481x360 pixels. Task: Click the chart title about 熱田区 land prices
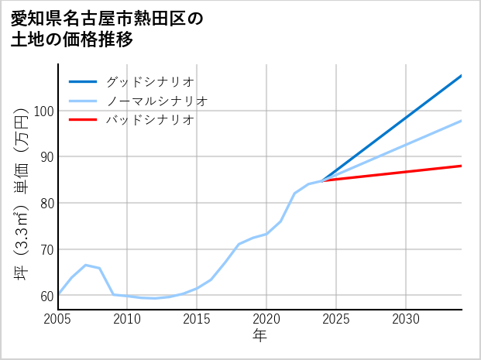pos(106,29)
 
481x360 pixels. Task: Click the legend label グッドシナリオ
pos(149,81)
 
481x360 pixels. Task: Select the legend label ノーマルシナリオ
pos(156,101)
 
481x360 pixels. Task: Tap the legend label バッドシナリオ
pos(149,120)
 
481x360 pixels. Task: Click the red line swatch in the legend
pos(83,120)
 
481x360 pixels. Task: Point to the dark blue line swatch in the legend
pos(83,81)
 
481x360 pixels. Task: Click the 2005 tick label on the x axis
pos(58,319)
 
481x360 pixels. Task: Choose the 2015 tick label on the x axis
pos(197,319)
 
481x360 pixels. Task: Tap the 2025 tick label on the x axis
pos(336,319)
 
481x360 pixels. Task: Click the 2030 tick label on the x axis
pos(406,319)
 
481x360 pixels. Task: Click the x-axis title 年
pos(260,336)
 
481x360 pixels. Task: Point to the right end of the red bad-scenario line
pos(461,166)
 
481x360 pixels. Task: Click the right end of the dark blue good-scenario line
pos(461,76)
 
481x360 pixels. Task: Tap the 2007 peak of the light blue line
pos(85,265)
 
